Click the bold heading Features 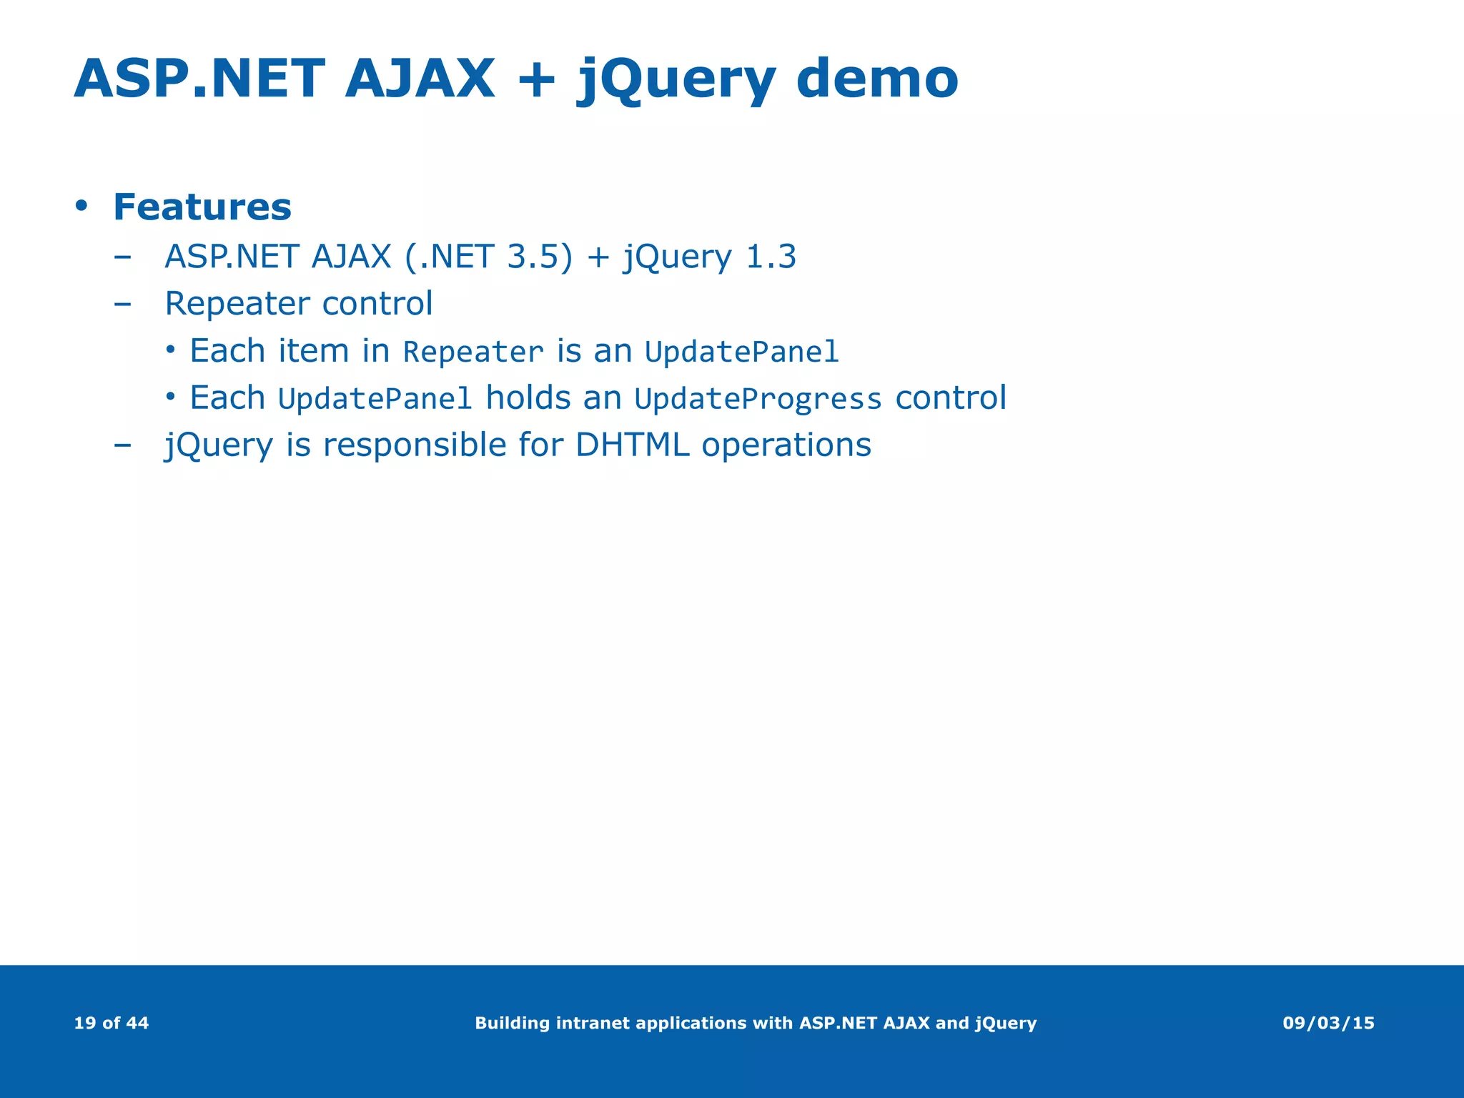[x=202, y=207]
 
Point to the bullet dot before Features [x=81, y=207]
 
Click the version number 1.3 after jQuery [x=770, y=257]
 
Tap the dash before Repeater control [x=122, y=304]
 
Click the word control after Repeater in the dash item [x=377, y=304]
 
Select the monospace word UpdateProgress [x=758, y=399]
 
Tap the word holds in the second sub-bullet [x=528, y=397]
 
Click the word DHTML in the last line [x=632, y=445]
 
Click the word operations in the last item [x=786, y=445]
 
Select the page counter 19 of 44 [x=112, y=1023]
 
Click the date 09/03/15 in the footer [x=1328, y=1023]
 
